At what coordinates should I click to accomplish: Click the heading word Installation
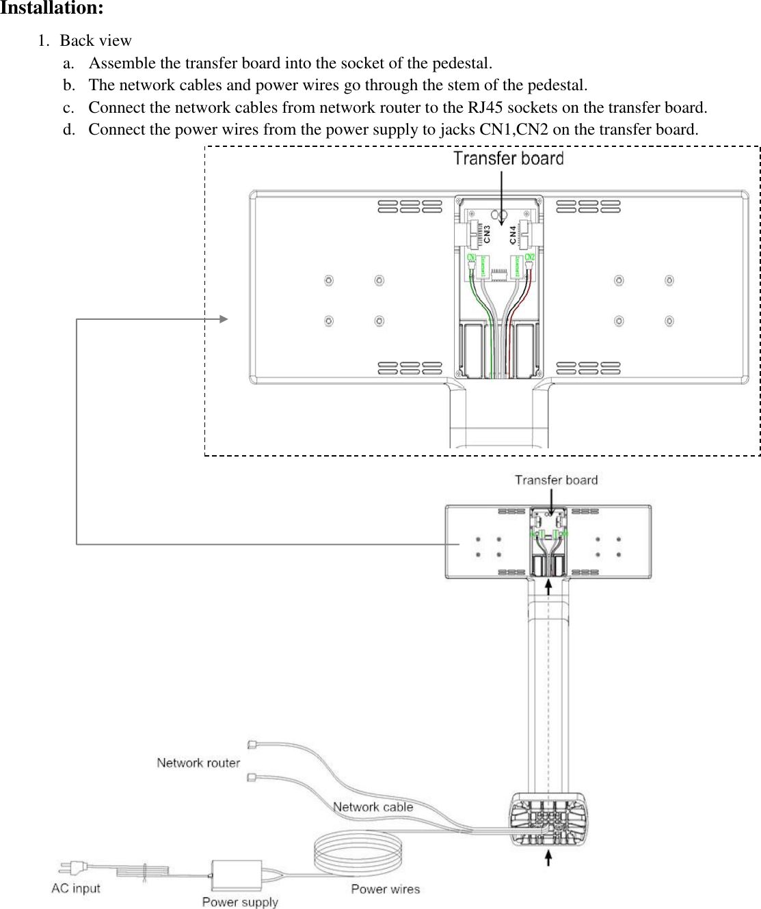pos(51,9)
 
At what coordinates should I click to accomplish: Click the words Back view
pos(96,40)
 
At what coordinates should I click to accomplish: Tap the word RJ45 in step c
pos(485,107)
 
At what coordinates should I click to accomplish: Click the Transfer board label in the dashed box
pos(508,159)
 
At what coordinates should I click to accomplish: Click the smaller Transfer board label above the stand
pos(556,480)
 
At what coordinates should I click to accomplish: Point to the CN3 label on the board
pos(487,234)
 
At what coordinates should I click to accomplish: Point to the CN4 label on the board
pos(513,234)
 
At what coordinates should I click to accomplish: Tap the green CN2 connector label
pos(529,258)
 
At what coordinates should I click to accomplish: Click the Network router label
pos(198,763)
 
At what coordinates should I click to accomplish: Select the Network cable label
pos(373,806)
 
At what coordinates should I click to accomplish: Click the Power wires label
pos(385,888)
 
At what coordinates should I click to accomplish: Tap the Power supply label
pos(240,901)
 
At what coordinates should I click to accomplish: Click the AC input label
pos(76,888)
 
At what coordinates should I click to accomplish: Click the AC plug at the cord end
pos(72,867)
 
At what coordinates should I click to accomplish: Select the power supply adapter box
pos(237,874)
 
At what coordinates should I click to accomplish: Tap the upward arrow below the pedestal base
pos(548,857)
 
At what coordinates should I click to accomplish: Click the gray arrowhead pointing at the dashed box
pos(224,318)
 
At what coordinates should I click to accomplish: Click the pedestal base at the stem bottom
pos(548,819)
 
